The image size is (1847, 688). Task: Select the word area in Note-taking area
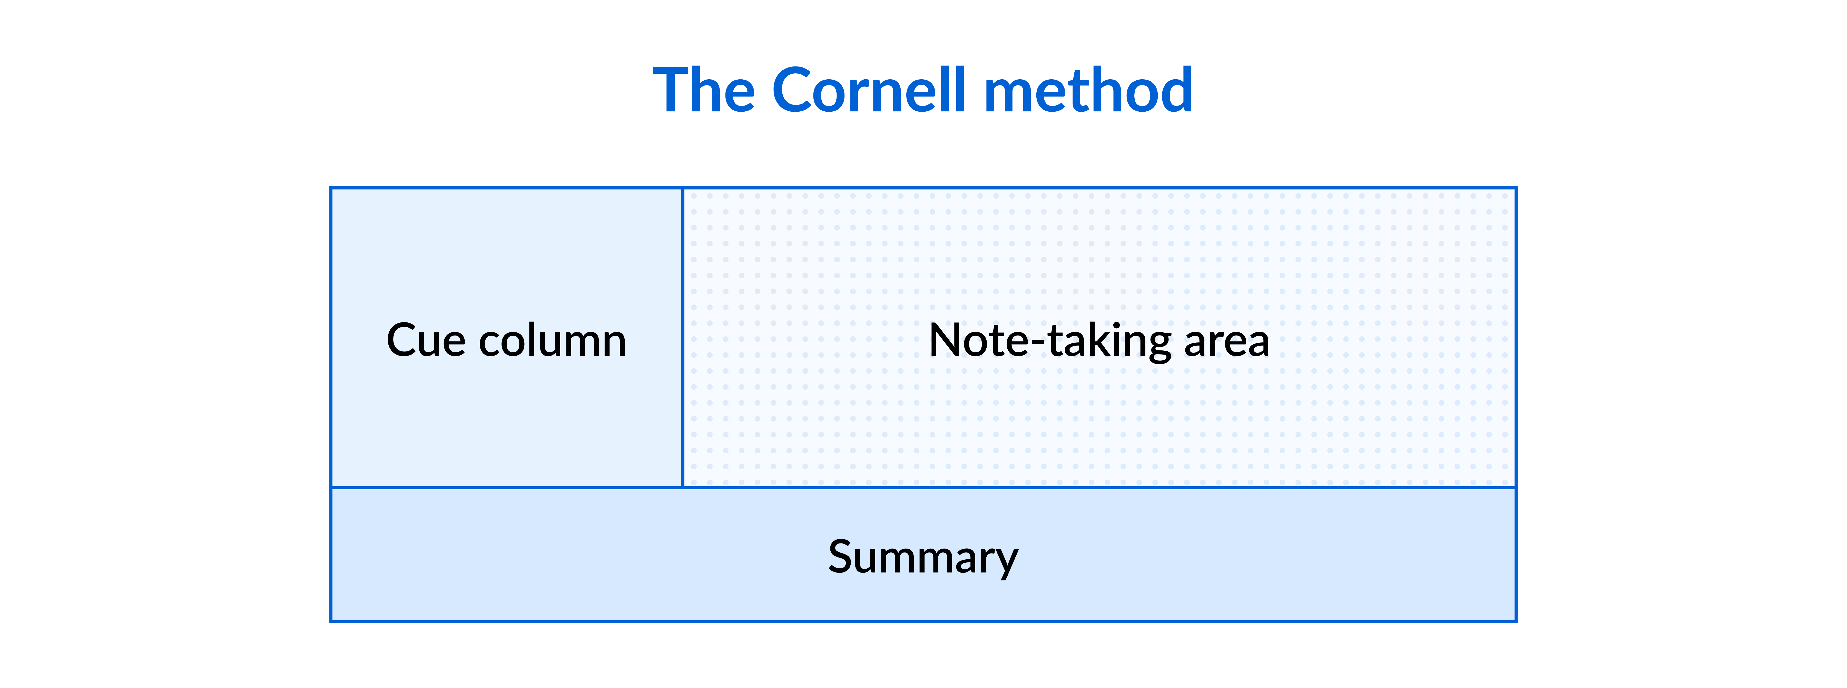coord(1227,341)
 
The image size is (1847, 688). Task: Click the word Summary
coord(923,557)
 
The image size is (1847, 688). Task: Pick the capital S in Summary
coord(842,557)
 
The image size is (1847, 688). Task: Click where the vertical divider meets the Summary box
coord(683,488)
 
